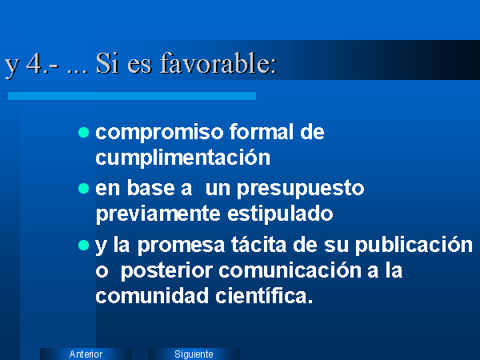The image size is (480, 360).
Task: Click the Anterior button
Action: click(86, 354)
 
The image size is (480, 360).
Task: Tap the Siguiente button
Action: click(194, 354)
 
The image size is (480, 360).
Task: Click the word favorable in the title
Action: click(218, 63)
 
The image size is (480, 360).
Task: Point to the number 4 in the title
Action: click(34, 64)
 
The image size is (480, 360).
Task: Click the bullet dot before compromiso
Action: click(83, 133)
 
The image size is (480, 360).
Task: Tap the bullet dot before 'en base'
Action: click(83, 189)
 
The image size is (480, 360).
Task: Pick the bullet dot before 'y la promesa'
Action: click(83, 246)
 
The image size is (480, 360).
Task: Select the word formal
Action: click(262, 132)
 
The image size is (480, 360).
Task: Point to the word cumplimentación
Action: click(182, 158)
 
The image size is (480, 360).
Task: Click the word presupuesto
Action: click(301, 189)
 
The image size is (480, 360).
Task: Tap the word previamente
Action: click(158, 214)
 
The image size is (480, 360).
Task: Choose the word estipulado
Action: click(280, 214)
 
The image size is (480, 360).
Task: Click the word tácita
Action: click(258, 245)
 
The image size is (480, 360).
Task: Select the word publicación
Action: click(414, 246)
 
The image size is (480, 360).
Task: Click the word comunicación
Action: click(290, 270)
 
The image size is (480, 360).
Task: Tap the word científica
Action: click(264, 296)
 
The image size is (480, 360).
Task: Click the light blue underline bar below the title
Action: click(132, 96)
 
